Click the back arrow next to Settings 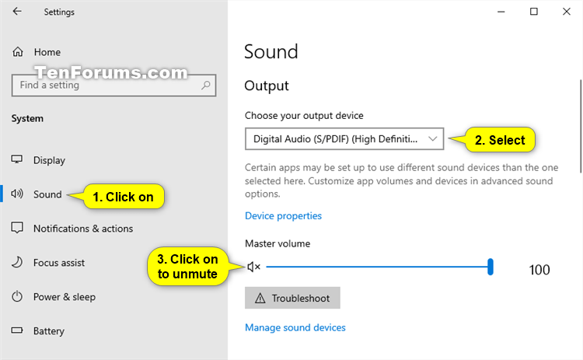[17, 12]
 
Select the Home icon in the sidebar [17, 51]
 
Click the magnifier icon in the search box [206, 86]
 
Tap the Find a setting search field [113, 86]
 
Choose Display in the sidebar [49, 160]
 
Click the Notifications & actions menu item [83, 229]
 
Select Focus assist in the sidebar [59, 263]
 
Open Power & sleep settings [65, 297]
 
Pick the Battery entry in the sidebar [49, 330]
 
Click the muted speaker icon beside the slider [253, 267]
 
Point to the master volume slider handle [490, 267]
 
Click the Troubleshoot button [292, 298]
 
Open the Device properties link [283, 215]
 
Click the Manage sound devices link [295, 327]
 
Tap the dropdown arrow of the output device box [432, 138]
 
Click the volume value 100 [539, 270]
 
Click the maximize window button [534, 12]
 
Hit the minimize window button [501, 12]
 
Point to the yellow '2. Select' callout [500, 140]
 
